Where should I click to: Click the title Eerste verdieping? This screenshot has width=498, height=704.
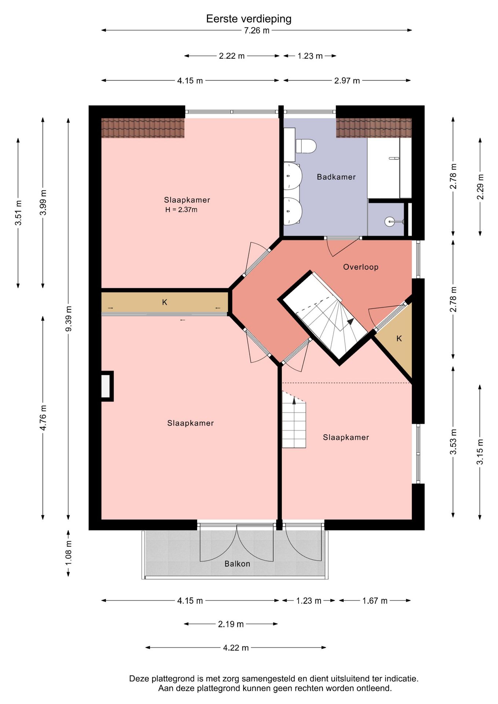coord(249,19)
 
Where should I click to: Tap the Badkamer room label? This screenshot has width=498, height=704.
coord(336,177)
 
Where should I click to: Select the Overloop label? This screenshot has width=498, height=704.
coord(361,267)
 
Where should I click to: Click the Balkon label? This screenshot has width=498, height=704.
coord(237,564)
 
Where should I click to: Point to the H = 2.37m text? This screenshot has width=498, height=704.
coord(181,210)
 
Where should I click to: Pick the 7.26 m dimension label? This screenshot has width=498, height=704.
coord(257,30)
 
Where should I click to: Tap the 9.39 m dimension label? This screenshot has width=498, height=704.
coord(68,318)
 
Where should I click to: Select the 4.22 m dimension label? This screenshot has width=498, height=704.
coord(236,648)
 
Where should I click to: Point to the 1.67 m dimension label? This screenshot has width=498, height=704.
coord(375,601)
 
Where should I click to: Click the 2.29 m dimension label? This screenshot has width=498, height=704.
coord(480,187)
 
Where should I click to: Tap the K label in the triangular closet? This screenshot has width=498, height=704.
coord(399,338)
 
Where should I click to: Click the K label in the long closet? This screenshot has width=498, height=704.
coord(165,302)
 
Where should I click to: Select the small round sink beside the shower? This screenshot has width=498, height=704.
coord(390,221)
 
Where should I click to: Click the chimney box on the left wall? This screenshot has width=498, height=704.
coord(106,386)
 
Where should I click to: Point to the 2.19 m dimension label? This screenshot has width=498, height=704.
coord(231,624)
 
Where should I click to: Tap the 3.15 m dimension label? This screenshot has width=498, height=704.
coord(480,451)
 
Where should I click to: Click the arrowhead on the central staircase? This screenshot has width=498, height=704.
coord(351,322)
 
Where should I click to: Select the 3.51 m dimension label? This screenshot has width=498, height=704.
coord(18,213)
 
